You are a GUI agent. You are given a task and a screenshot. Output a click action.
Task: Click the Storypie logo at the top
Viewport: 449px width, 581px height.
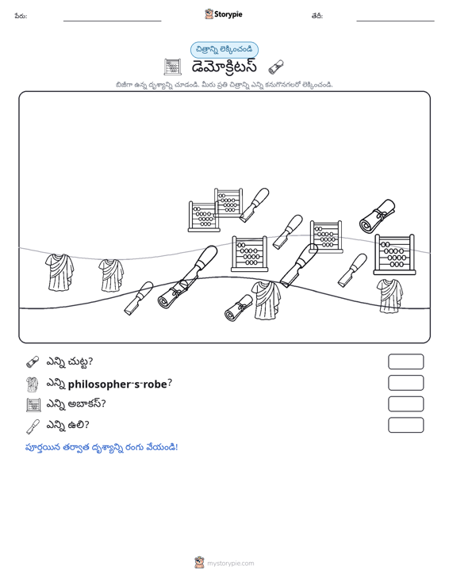pyautogui.click(x=224, y=14)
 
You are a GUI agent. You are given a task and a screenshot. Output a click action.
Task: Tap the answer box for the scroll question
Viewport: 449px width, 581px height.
pyautogui.click(x=405, y=361)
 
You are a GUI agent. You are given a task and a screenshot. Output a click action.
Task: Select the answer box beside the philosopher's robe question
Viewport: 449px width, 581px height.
pyautogui.click(x=405, y=383)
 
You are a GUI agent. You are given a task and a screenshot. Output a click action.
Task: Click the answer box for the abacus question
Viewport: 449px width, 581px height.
pyautogui.click(x=405, y=404)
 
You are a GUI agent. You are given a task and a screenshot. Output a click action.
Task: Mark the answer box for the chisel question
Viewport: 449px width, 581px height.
pyautogui.click(x=405, y=425)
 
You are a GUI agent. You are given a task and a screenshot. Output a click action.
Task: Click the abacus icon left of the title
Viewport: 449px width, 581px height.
pyautogui.click(x=172, y=67)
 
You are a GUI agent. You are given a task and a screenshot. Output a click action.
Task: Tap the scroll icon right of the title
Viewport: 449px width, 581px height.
pyautogui.click(x=276, y=67)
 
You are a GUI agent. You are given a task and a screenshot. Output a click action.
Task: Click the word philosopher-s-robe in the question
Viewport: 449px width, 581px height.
pyautogui.click(x=117, y=384)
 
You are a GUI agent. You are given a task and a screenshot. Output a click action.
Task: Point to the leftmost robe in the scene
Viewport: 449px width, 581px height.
pyautogui.click(x=59, y=272)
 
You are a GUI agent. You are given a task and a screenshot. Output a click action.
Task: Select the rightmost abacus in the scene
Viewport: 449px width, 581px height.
pyautogui.click(x=393, y=254)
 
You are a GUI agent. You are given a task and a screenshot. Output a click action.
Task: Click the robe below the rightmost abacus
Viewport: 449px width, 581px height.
pyautogui.click(x=390, y=296)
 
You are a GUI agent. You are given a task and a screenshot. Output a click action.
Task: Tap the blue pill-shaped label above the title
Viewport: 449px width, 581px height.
pyautogui.click(x=224, y=50)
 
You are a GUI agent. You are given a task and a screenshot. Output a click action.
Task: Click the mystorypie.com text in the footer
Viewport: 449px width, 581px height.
pyautogui.click(x=231, y=564)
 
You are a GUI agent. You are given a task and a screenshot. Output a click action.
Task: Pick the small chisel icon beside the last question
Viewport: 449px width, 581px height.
pyautogui.click(x=33, y=426)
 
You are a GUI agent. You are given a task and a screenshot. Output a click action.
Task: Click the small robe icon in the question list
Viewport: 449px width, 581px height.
pyautogui.click(x=33, y=384)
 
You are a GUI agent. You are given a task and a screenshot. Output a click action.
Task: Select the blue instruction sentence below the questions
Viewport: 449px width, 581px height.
pyautogui.click(x=102, y=447)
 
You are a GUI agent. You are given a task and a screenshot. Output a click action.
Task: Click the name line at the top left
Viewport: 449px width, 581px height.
pyautogui.click(x=113, y=21)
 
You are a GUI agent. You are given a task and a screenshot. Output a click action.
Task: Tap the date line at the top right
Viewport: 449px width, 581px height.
pyautogui.click(x=395, y=21)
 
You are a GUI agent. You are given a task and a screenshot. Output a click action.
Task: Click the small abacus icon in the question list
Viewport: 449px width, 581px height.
pyautogui.click(x=34, y=405)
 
